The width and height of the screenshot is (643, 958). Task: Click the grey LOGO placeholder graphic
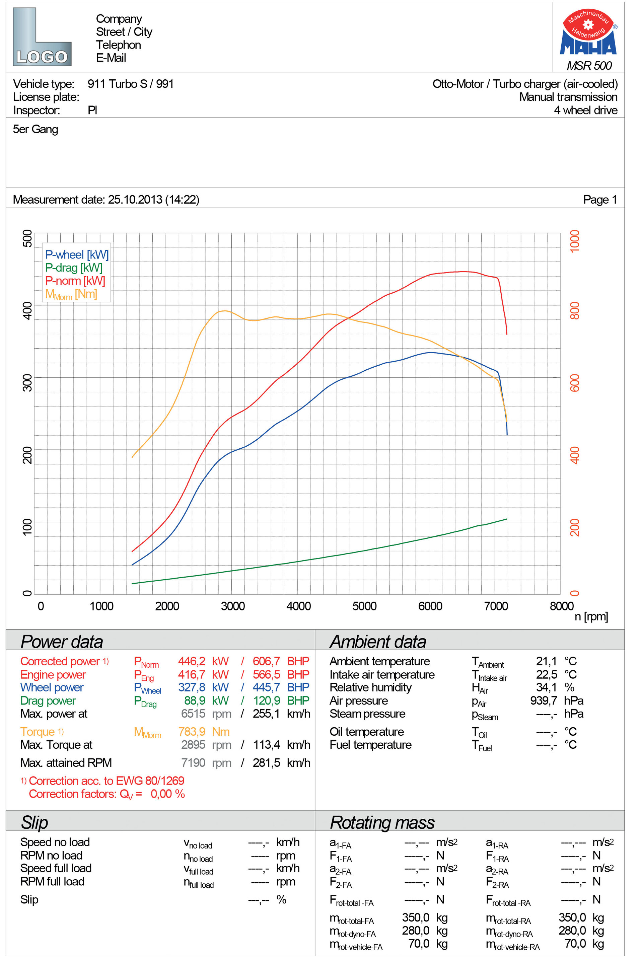pos(42,37)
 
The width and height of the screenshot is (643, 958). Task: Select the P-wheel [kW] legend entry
pos(77,254)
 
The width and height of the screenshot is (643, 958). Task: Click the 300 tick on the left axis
pos(27,382)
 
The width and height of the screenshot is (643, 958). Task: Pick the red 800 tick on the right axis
pos(575,310)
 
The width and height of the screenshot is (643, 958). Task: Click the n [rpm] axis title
pos(591,616)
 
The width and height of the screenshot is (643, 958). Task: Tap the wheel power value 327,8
pos(192,687)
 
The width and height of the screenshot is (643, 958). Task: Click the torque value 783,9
pos(192,732)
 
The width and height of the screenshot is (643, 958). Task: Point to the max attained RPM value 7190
pos(193,762)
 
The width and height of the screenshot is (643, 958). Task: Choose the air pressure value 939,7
pos(543,700)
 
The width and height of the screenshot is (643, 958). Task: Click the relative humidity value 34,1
pos(547,687)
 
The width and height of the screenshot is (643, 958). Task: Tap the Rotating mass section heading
pos(382,823)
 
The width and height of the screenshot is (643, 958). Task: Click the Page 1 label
pos(600,200)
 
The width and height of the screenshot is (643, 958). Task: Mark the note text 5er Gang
pos(36,130)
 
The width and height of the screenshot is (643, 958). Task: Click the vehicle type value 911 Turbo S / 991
pos(130,84)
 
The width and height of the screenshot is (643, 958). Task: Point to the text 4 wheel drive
pos(586,110)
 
